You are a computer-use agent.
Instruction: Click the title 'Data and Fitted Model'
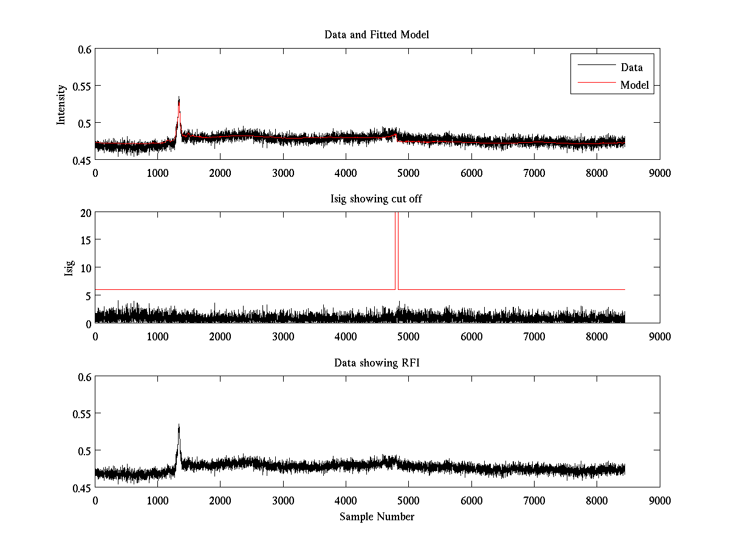coord(377,35)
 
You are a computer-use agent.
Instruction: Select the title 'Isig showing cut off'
coord(377,199)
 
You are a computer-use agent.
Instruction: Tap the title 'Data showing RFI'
coord(377,363)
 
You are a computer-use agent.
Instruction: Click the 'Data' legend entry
coord(631,67)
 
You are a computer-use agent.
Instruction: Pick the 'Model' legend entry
coord(634,85)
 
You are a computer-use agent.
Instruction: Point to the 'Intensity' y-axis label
coord(61,105)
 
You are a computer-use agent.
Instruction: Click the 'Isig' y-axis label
coord(69,268)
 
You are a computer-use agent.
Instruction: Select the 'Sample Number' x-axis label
coord(377,517)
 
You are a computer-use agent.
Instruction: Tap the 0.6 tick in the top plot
coord(83,49)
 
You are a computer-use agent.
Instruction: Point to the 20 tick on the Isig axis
coord(84,213)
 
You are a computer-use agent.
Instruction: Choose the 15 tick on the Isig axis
coord(84,240)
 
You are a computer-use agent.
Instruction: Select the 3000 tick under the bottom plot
coord(283,500)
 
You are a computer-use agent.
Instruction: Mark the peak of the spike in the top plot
coord(179,97)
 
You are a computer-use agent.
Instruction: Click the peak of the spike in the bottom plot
coord(179,425)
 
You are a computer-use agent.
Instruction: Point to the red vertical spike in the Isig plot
coord(396,249)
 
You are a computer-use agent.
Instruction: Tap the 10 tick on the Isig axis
coord(84,267)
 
